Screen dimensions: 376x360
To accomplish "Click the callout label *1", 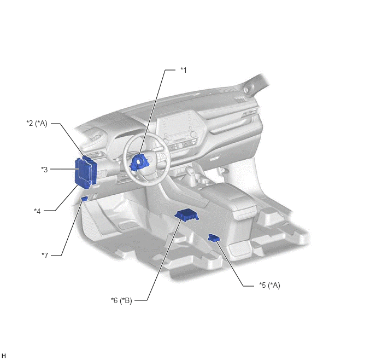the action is pos(184,70).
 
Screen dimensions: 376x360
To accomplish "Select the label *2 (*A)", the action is pos(37,123).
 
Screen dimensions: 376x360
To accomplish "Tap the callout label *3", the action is pos(44,170).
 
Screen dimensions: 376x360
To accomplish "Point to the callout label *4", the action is pos(37,211).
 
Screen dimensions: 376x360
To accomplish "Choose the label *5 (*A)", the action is pos(269,285).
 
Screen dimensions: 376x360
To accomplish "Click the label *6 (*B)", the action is pos(121,300).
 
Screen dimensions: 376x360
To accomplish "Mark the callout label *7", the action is pos(45,255).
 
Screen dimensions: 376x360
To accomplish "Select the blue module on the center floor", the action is pos(187,214).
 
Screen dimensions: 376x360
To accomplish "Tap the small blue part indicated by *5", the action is pos(214,238).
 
